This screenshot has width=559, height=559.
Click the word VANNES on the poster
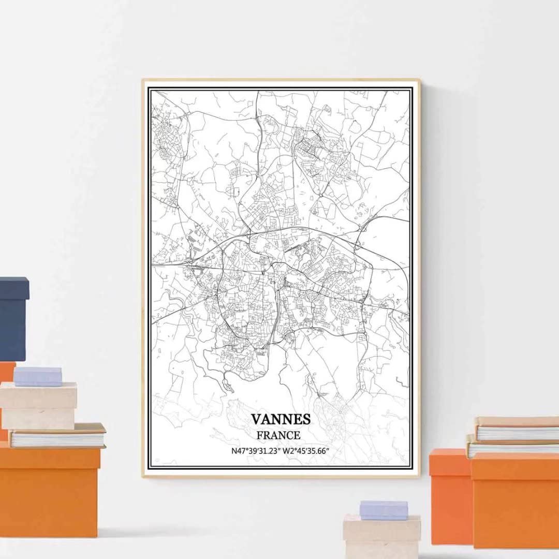coord(281,419)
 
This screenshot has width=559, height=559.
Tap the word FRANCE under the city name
coord(281,435)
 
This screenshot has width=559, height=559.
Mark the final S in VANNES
coord(306,419)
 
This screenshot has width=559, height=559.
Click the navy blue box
coord(13,318)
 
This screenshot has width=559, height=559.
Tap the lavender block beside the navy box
coord(37,376)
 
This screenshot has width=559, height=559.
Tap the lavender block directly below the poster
coord(384,510)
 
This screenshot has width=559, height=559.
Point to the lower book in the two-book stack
coord(512,446)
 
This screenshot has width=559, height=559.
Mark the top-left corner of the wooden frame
coord(143,80)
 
